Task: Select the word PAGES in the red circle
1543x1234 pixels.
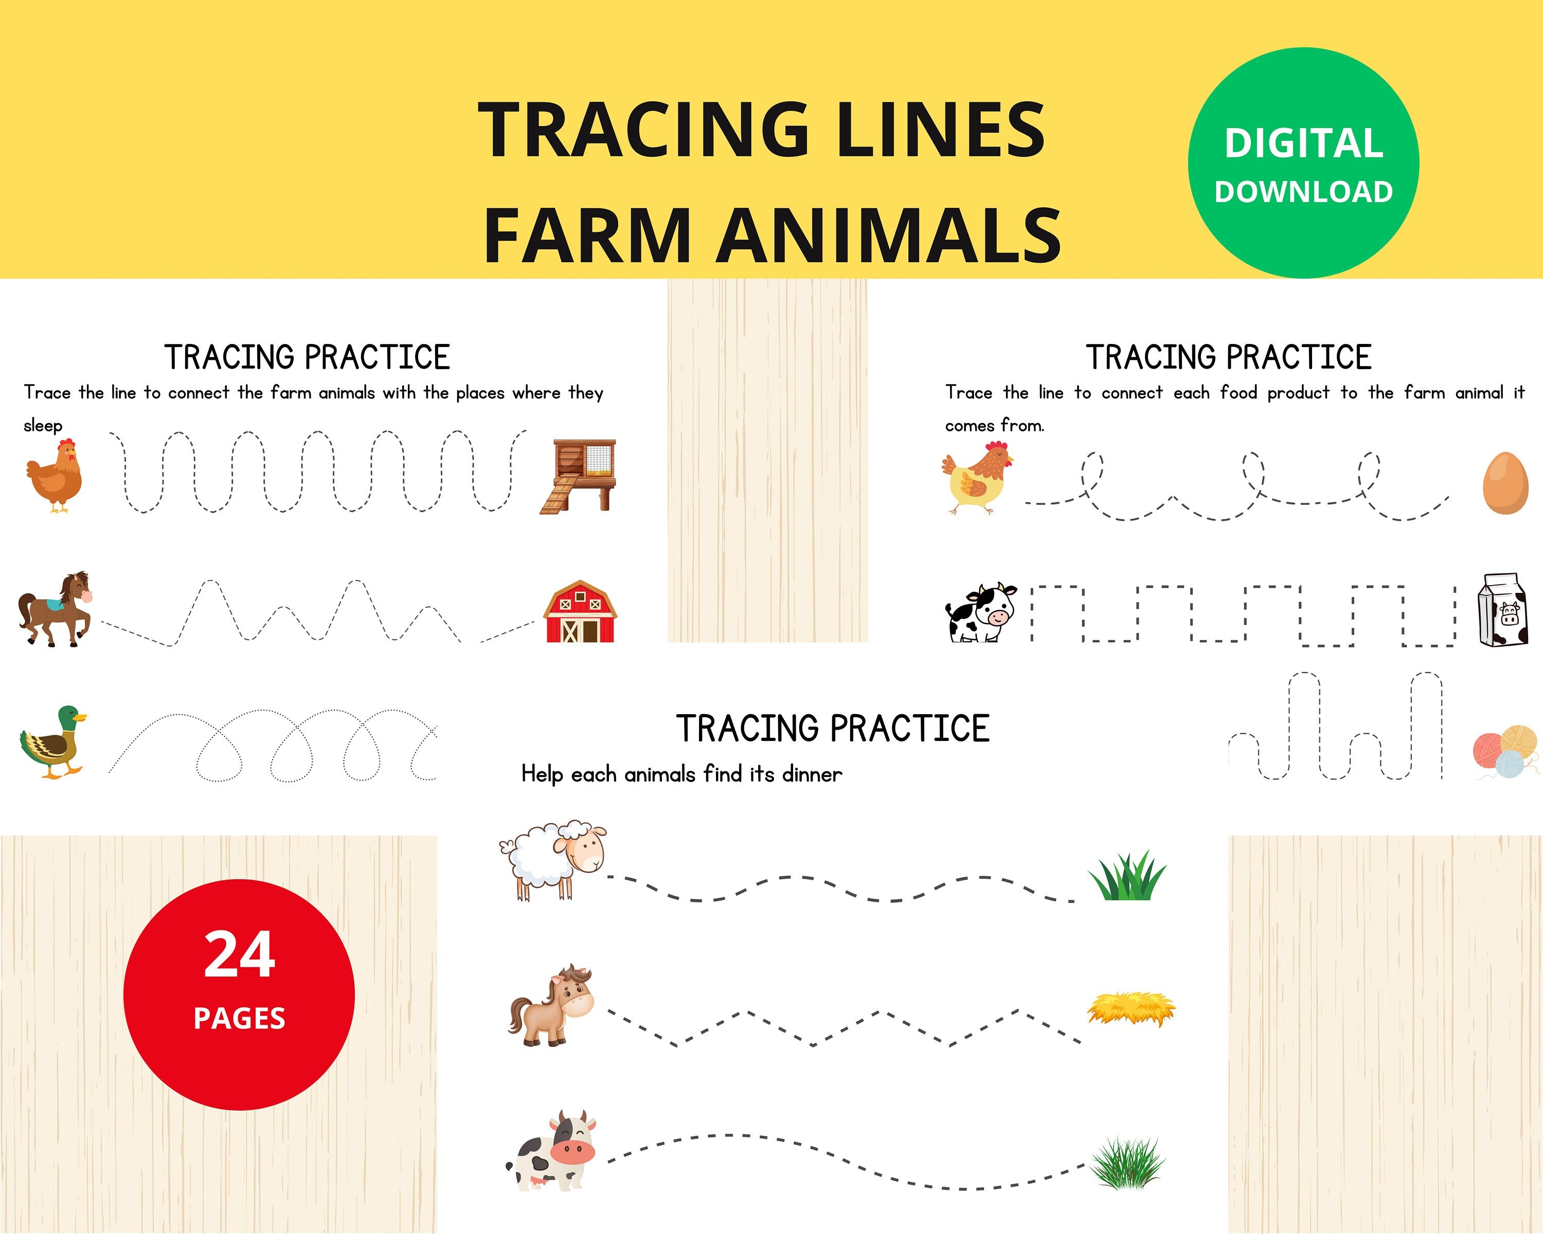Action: tap(239, 1019)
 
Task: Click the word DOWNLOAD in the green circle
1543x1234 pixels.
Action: tap(1303, 192)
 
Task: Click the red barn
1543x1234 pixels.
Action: tap(580, 612)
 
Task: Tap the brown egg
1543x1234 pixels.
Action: tap(1506, 483)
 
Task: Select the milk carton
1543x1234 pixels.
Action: tap(1502, 610)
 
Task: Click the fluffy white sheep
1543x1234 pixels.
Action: tap(552, 859)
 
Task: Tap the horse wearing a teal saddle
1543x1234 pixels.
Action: tap(55, 609)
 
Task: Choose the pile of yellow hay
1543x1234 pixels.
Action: tap(1131, 1009)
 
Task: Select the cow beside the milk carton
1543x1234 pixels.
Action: tap(980, 612)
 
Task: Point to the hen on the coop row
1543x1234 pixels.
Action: tap(55, 476)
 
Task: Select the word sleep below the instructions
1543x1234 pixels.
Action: tap(43, 426)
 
